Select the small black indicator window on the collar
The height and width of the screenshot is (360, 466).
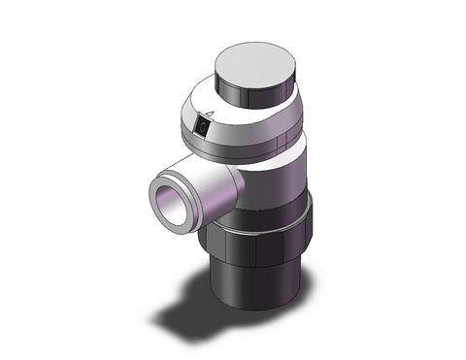201,126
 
